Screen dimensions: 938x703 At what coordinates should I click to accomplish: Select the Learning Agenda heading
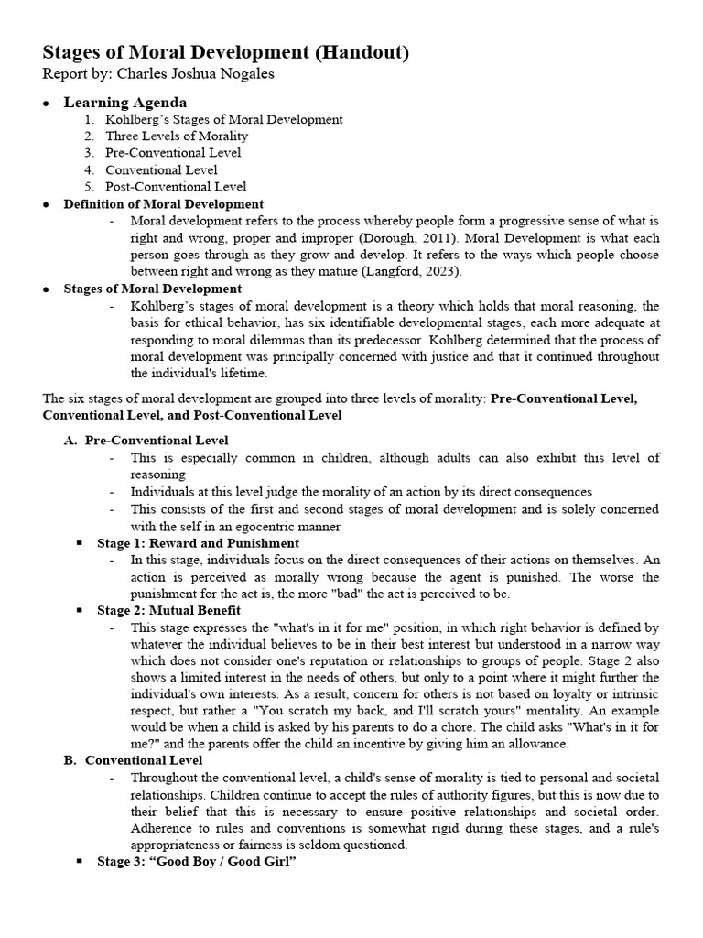pyautogui.click(x=124, y=103)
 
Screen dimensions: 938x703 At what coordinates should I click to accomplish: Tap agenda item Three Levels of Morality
pyautogui.click(x=177, y=136)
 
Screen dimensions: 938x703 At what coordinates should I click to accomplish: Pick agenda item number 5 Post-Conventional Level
pyautogui.click(x=176, y=186)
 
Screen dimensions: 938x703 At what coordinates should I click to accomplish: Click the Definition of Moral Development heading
pyautogui.click(x=163, y=204)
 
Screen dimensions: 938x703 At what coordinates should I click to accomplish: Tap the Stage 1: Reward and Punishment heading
pyautogui.click(x=198, y=543)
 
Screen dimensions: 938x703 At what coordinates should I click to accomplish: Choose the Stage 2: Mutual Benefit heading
pyautogui.click(x=168, y=609)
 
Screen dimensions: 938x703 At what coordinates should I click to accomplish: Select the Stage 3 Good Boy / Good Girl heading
pyautogui.click(x=197, y=862)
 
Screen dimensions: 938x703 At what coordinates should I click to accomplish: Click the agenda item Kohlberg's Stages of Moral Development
pyautogui.click(x=224, y=119)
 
